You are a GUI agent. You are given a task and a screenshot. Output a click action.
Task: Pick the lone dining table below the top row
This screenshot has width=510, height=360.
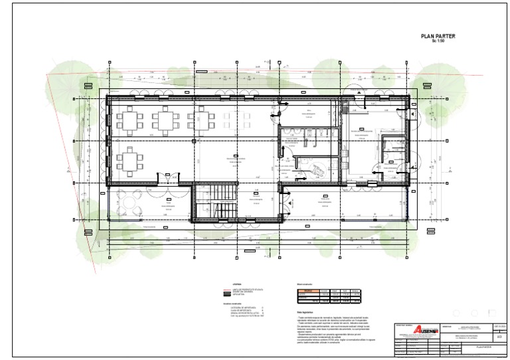[x=130, y=161]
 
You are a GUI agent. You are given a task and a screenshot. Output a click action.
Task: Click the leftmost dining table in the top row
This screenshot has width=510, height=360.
[x=130, y=120]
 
